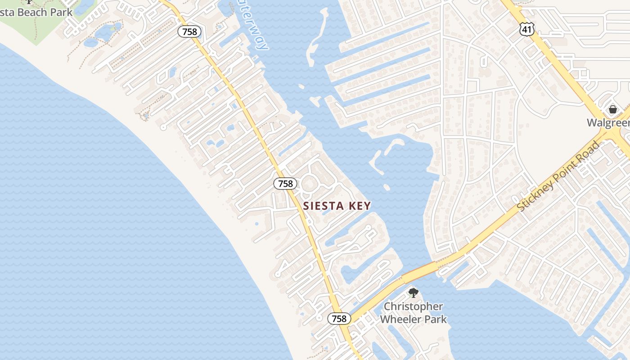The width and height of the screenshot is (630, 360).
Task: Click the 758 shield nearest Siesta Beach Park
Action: pos(189,31)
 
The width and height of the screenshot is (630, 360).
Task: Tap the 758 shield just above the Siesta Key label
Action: pos(285,184)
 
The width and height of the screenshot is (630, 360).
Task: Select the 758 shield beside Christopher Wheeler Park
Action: pos(339,319)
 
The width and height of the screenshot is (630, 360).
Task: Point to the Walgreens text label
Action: pos(607,123)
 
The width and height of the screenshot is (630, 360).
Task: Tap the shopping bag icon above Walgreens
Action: pos(612,109)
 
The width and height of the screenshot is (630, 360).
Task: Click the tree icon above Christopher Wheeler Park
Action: pos(413,293)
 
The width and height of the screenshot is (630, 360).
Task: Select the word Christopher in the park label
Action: pos(413,307)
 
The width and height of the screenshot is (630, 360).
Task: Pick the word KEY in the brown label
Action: pos(360,206)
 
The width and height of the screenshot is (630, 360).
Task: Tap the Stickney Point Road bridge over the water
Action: pos(418,272)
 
